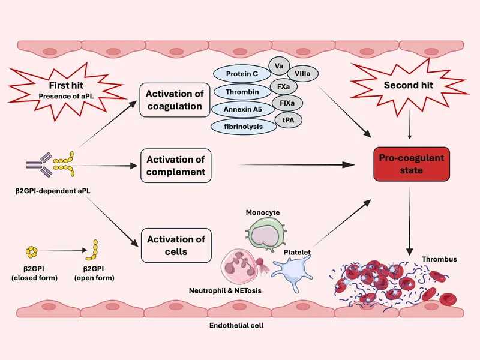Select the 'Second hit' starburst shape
point(409,86)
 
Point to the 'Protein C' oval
point(241,74)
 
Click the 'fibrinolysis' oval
point(241,127)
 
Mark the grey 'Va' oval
point(279,65)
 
